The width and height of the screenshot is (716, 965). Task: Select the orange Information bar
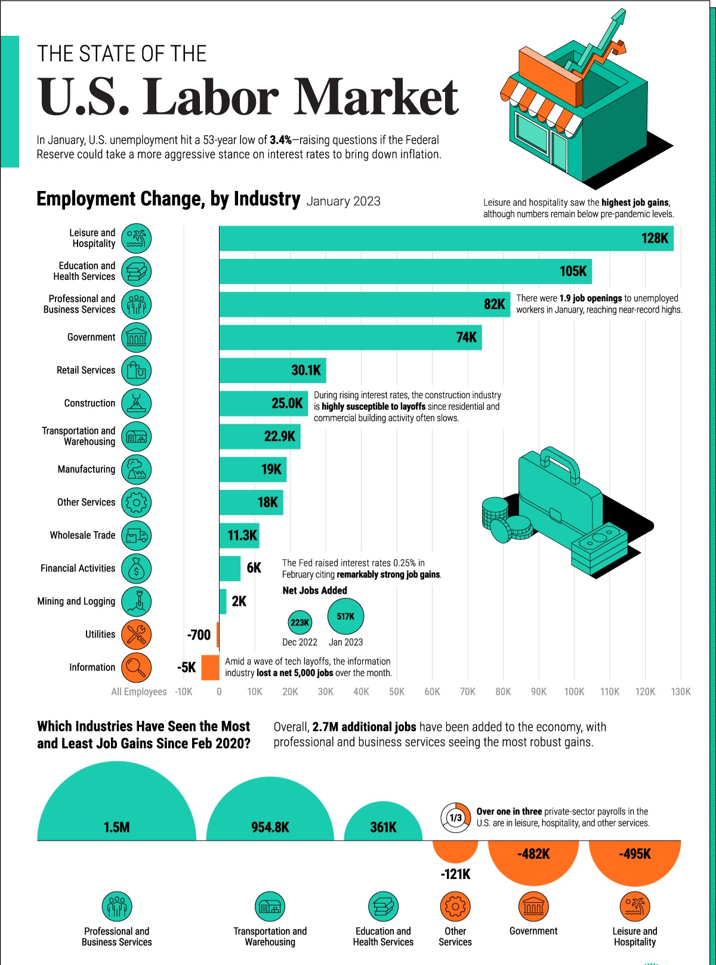[210, 667]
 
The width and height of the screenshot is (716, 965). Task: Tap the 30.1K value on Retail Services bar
[305, 371]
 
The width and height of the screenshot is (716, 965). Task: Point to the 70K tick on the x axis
[467, 692]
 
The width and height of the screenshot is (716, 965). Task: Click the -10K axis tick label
[184, 692]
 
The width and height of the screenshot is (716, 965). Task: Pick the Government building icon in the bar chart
[136, 338]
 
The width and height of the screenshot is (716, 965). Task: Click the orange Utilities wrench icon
[136, 634]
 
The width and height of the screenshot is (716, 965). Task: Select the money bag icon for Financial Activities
[136, 569]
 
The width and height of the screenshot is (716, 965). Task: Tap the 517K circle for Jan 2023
[345, 616]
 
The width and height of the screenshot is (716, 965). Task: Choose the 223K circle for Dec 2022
[300, 622]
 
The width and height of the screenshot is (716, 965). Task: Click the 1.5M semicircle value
[116, 827]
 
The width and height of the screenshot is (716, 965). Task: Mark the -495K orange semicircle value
[634, 854]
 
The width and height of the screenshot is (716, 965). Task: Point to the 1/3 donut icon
[455, 818]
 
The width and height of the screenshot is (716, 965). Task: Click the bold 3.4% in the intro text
[280, 140]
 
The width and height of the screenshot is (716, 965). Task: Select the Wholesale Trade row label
[82, 535]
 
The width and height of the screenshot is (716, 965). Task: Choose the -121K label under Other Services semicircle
[455, 874]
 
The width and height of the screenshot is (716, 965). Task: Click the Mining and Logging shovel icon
[136, 602]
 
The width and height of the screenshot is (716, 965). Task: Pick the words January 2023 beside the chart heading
[343, 201]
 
